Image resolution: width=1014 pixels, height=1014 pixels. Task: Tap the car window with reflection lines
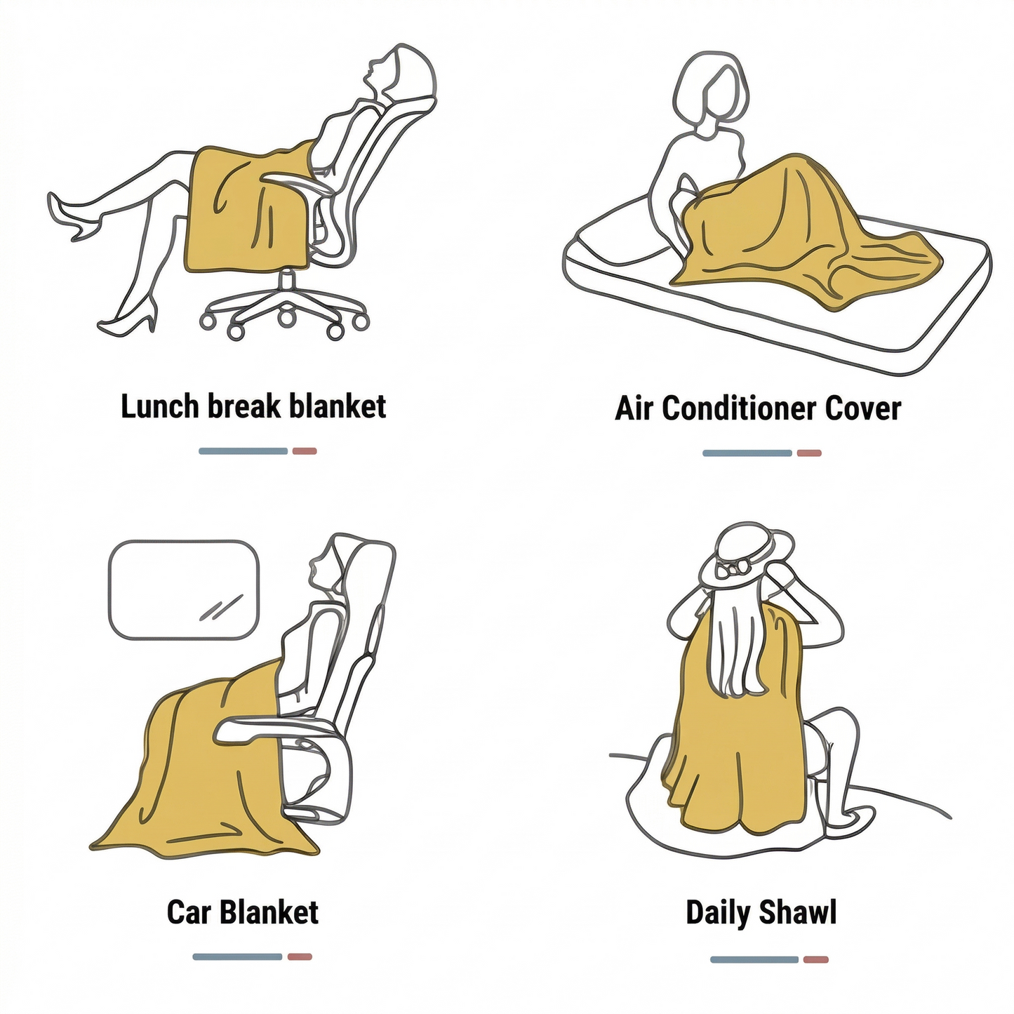coord(184,589)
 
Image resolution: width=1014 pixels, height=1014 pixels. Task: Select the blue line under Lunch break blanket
coord(243,451)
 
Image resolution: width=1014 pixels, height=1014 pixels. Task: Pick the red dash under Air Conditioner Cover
coord(809,453)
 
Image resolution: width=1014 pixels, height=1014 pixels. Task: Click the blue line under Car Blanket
coord(237,956)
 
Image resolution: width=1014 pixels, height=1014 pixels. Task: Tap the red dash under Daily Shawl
coord(816,959)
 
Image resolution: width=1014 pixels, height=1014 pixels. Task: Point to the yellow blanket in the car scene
coord(196,772)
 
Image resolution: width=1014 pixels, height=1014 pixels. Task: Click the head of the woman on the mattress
coord(710,91)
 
